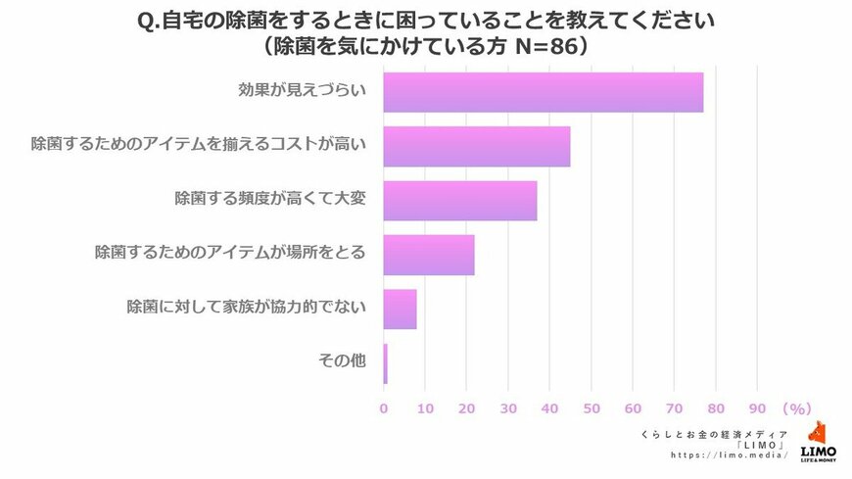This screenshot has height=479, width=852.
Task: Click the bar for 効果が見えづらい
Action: click(x=543, y=92)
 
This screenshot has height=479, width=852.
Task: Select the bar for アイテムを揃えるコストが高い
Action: click(x=476, y=146)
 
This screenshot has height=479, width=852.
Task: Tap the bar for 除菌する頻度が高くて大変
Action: click(x=459, y=200)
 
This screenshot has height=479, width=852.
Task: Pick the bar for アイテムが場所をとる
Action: click(x=428, y=255)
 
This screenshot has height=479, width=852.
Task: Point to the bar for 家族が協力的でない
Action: click(x=400, y=309)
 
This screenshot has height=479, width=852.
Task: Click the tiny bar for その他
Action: click(x=385, y=363)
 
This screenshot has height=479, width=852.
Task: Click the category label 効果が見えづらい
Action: click(x=302, y=91)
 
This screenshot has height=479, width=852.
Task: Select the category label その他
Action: click(x=342, y=361)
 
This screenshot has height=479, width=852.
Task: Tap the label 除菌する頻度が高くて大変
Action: click(x=269, y=199)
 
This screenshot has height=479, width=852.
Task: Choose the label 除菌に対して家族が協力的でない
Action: click(x=246, y=308)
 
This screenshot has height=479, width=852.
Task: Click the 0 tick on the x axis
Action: click(x=384, y=407)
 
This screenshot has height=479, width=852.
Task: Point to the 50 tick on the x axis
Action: click(x=592, y=407)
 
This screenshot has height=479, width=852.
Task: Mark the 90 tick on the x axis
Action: click(x=757, y=407)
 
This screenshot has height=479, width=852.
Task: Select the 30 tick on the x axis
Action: click(x=508, y=407)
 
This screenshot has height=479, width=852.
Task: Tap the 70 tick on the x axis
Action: click(x=674, y=407)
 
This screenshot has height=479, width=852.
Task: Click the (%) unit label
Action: click(x=798, y=407)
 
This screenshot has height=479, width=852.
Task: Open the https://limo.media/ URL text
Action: click(x=730, y=455)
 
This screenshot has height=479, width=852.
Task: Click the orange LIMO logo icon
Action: click(x=818, y=434)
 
